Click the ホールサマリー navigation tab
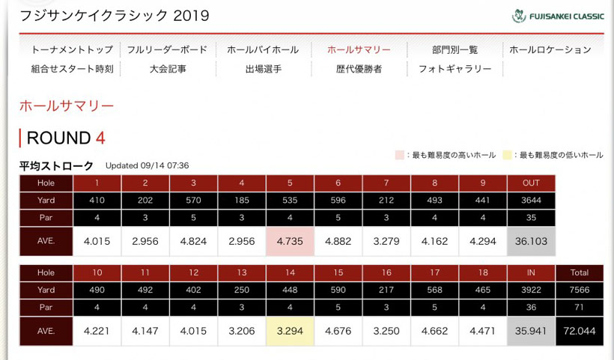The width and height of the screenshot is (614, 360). (359, 50)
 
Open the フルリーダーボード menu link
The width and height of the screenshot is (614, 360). (167, 50)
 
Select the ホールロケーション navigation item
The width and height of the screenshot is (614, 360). (550, 50)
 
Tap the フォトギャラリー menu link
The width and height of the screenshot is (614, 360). (455, 69)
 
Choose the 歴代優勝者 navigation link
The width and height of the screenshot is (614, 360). (359, 69)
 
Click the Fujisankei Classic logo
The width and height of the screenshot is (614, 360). (558, 16)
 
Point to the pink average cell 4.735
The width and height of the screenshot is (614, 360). (290, 242)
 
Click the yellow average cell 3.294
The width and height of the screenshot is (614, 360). (290, 331)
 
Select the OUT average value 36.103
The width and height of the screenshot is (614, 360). (531, 242)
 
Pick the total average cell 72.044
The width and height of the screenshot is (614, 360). (579, 331)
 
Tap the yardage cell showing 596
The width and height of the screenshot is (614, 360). (338, 201)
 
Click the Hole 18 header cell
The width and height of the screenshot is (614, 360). (483, 272)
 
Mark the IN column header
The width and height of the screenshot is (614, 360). (531, 272)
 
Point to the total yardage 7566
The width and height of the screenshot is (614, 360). (579, 290)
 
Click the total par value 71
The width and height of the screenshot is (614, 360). (579, 308)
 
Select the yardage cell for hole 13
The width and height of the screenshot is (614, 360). (242, 290)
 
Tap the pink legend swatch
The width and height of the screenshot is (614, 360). (400, 155)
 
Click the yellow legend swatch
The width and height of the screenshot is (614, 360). (507, 155)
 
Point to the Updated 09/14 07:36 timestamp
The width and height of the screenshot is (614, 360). (147, 165)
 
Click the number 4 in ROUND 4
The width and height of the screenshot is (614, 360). (100, 138)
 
